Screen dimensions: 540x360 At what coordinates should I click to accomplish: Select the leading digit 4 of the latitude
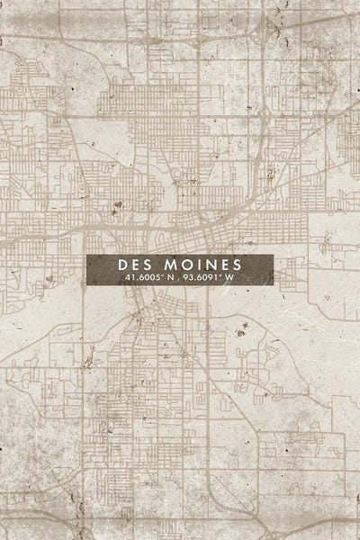tap(127, 280)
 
